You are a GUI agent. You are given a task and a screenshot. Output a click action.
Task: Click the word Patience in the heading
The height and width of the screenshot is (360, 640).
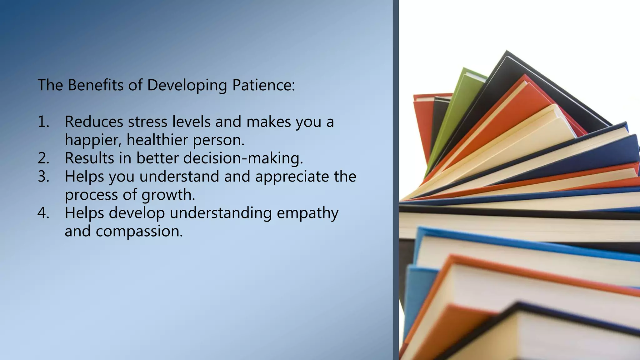pyautogui.click(x=263, y=85)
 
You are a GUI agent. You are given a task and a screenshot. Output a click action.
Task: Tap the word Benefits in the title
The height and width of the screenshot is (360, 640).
pyautogui.click(x=96, y=85)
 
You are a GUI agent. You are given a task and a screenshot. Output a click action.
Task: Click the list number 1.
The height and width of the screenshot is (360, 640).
pyautogui.click(x=43, y=122)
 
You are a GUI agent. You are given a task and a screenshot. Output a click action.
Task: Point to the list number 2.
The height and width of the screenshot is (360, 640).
pyautogui.click(x=43, y=158)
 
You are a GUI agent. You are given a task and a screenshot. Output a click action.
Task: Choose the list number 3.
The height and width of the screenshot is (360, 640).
pyautogui.click(x=43, y=176)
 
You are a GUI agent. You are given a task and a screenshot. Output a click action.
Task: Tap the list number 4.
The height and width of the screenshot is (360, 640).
pyautogui.click(x=43, y=213)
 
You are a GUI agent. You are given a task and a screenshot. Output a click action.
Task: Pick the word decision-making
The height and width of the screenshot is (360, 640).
pyautogui.click(x=243, y=158)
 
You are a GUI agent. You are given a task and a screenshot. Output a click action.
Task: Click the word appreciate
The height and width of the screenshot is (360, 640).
pyautogui.click(x=292, y=177)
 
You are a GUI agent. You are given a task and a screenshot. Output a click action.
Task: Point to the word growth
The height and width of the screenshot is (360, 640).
pyautogui.click(x=168, y=195)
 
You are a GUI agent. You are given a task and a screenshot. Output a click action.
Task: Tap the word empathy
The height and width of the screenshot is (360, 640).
pyautogui.click(x=307, y=213)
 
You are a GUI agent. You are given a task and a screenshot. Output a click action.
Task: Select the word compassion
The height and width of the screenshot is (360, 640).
pyautogui.click(x=139, y=232)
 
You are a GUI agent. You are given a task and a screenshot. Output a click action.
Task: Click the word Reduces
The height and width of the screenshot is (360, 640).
pyautogui.click(x=94, y=122)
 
